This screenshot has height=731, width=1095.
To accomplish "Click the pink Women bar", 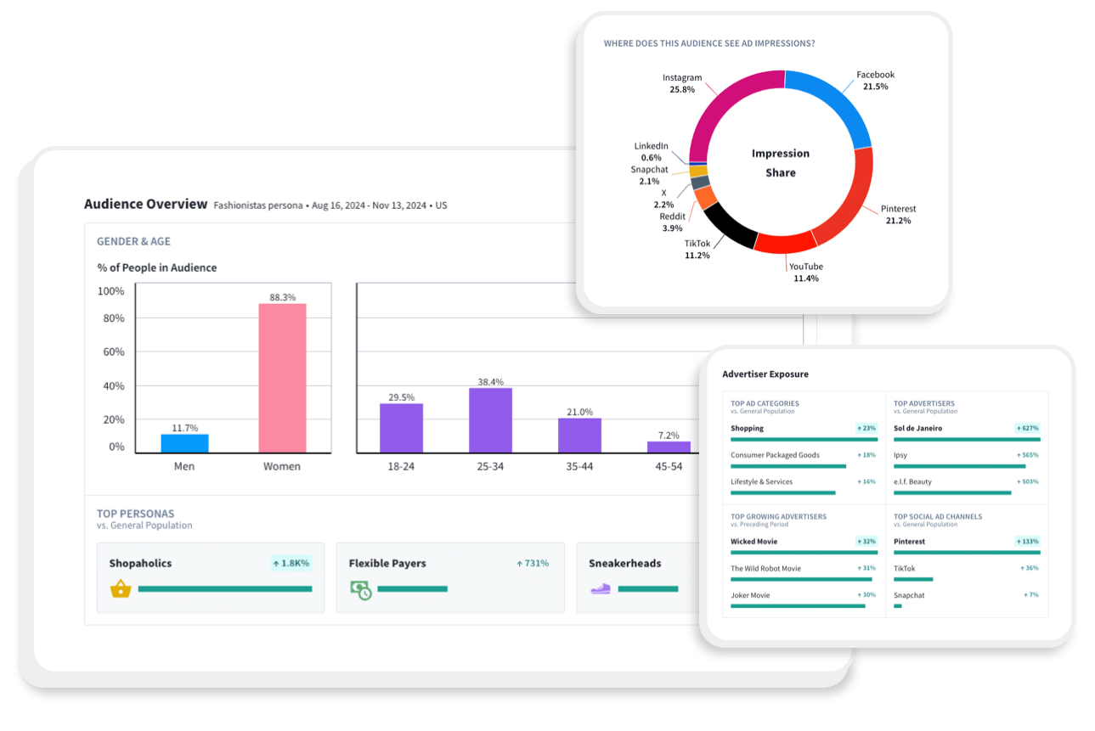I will [x=282, y=378].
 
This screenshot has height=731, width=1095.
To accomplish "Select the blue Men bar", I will [x=184, y=443].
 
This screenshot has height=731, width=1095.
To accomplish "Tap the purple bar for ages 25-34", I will [x=490, y=419].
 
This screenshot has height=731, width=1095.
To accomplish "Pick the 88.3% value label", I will [x=282, y=297].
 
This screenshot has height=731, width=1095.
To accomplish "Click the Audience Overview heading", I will [x=145, y=204].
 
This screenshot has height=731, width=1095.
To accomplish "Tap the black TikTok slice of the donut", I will [x=729, y=224].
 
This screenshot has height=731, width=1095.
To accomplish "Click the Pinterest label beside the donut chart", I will [x=898, y=209].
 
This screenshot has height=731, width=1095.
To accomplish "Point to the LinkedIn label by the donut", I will [x=651, y=146].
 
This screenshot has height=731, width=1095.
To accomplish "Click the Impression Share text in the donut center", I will [x=780, y=163].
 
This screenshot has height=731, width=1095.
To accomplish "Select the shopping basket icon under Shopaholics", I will [x=121, y=588].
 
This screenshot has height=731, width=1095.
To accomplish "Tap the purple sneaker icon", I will [x=601, y=588].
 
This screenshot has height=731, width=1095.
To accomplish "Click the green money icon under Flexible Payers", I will [x=361, y=589].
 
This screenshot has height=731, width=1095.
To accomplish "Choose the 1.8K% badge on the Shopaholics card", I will [x=291, y=563].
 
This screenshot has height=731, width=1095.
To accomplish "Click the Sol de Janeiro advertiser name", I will [x=917, y=428].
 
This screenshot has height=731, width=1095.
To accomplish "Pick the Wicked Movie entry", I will [x=754, y=541].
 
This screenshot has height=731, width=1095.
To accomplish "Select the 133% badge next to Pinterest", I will [x=1028, y=541].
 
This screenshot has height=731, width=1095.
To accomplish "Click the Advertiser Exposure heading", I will [x=765, y=374].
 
